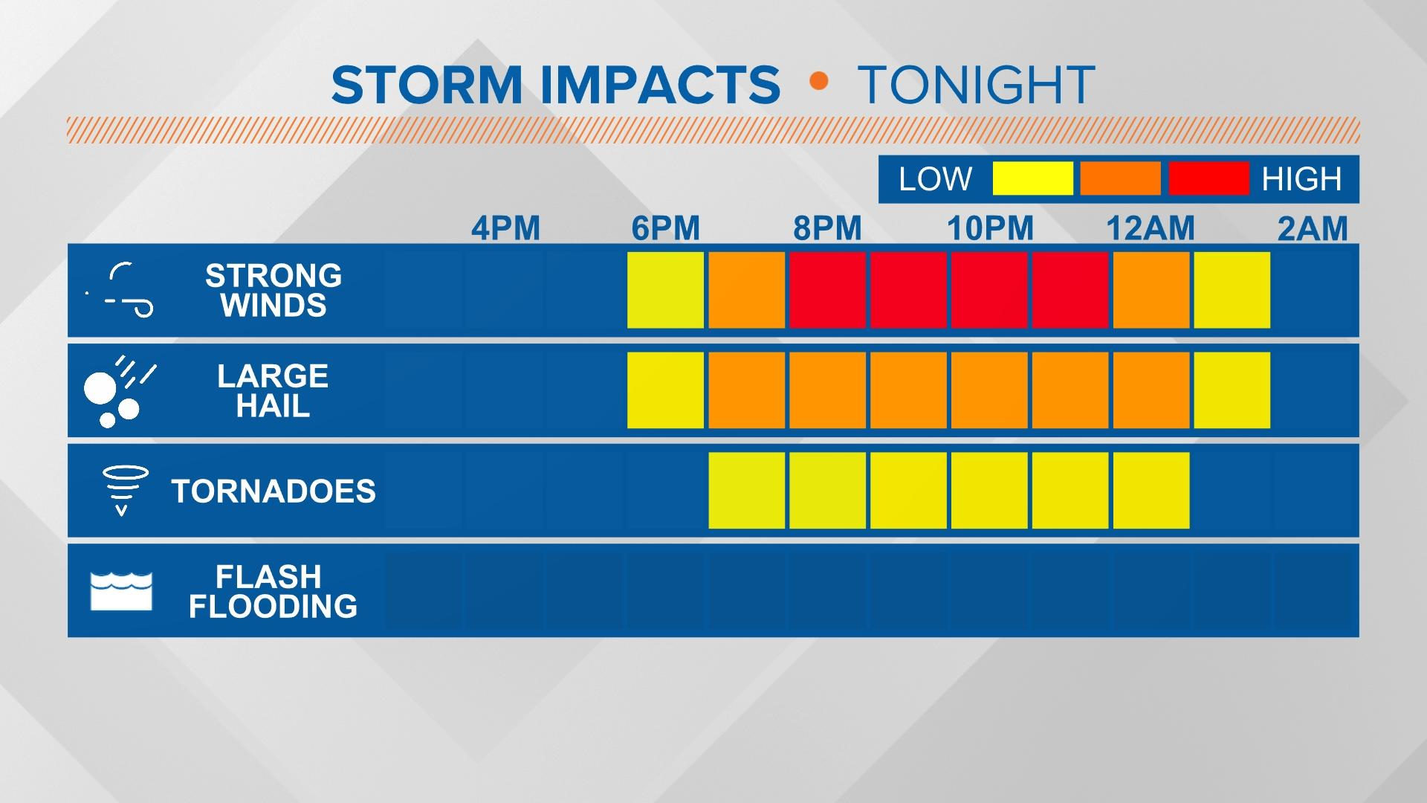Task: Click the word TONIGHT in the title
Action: click(976, 85)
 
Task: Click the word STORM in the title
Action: click(427, 85)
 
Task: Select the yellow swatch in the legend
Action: click(1032, 178)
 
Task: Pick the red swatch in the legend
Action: click(1208, 178)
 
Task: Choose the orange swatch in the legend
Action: click(1120, 178)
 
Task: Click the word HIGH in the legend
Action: click(1301, 179)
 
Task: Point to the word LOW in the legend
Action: click(935, 179)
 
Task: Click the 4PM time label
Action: click(505, 228)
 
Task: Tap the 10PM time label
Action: click(990, 228)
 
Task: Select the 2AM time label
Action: click(1313, 228)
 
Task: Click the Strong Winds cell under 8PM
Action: click(827, 290)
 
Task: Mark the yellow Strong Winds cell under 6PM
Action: click(665, 290)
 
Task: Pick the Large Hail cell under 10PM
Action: click(989, 390)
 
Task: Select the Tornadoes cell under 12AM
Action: click(1151, 491)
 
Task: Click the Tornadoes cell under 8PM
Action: click(827, 491)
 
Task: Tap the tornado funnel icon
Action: click(123, 489)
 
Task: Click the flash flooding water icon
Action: click(121, 591)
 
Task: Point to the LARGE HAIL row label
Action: click(273, 391)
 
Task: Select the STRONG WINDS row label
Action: click(274, 291)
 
